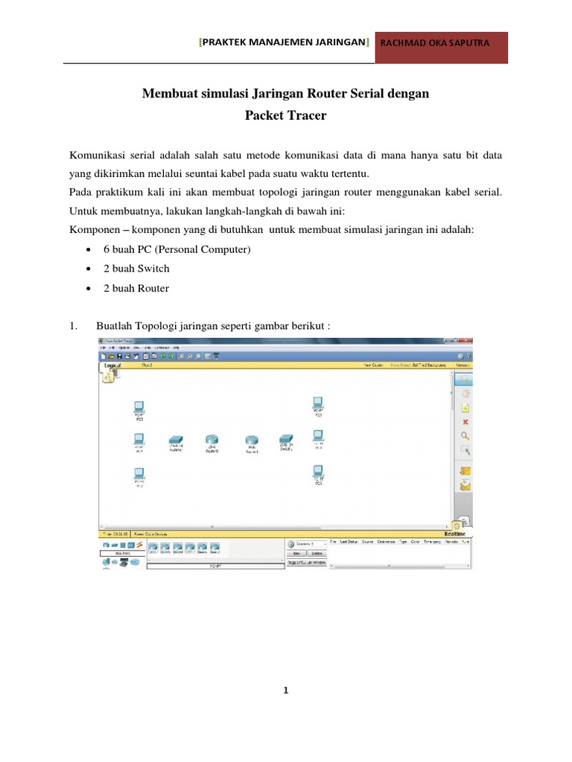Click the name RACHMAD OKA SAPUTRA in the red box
pos(435,42)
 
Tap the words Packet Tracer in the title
pos(285,116)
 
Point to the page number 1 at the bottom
pos(286,690)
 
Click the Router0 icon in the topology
pos(213,441)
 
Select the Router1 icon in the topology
pos(250,441)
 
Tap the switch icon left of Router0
pos(176,441)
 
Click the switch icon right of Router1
pos(287,440)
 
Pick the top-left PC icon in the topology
pos(139,406)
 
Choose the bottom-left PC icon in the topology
pos(139,473)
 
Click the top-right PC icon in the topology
pos(318,403)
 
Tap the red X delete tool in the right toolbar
pos(465,421)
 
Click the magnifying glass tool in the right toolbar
pos(465,435)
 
